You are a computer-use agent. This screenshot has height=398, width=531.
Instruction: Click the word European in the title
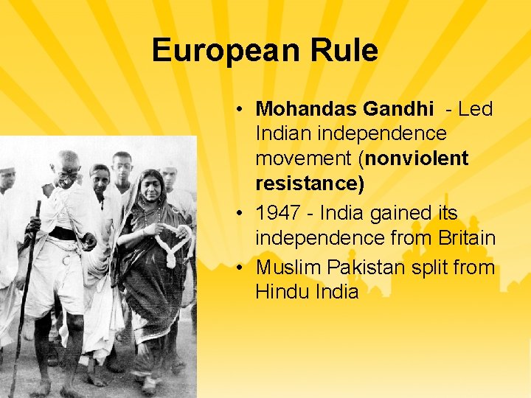coord(215,51)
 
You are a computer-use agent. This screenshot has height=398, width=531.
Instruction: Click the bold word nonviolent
coord(417,158)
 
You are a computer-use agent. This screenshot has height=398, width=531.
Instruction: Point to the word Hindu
coord(280,292)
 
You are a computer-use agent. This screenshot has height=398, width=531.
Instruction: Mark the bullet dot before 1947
coord(241,214)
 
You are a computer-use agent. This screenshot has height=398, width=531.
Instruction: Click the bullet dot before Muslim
coord(241,268)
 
